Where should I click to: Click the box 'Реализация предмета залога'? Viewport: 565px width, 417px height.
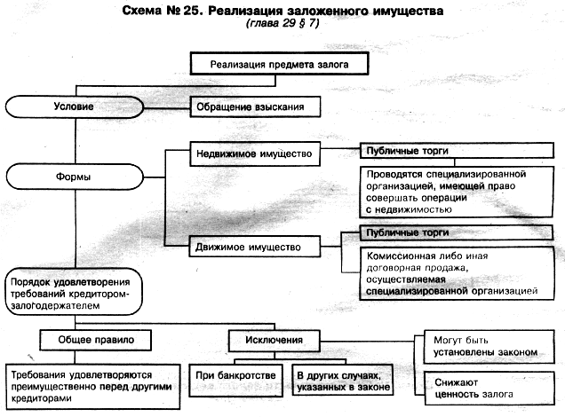[x=279, y=64]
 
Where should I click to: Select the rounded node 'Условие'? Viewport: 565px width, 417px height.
[x=75, y=106]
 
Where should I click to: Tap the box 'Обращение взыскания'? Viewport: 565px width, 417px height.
[x=255, y=106]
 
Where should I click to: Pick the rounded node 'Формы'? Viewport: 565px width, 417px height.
[x=75, y=177]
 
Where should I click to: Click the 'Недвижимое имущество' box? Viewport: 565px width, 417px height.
[x=255, y=154]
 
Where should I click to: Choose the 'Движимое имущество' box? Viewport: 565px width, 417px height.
[x=254, y=247]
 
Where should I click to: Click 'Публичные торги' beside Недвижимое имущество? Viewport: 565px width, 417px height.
[x=457, y=151]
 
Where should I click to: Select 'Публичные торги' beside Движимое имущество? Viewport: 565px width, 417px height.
[x=457, y=232]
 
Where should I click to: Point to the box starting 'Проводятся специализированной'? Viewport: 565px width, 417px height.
[x=457, y=192]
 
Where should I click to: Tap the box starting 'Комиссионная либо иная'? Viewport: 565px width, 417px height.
[x=457, y=273]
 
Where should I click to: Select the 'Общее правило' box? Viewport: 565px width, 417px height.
[x=95, y=340]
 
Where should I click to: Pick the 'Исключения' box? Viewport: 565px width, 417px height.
[x=275, y=341]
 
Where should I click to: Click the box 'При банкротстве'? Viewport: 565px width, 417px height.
[x=235, y=381]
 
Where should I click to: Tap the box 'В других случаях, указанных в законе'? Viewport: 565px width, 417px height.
[x=343, y=381]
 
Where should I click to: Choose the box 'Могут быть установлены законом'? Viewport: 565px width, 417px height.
[x=489, y=347]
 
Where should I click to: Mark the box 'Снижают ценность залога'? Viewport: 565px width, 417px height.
[x=489, y=389]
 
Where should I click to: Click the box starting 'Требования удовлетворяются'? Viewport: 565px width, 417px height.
[x=93, y=387]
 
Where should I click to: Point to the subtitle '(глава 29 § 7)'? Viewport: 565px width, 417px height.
[x=282, y=24]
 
